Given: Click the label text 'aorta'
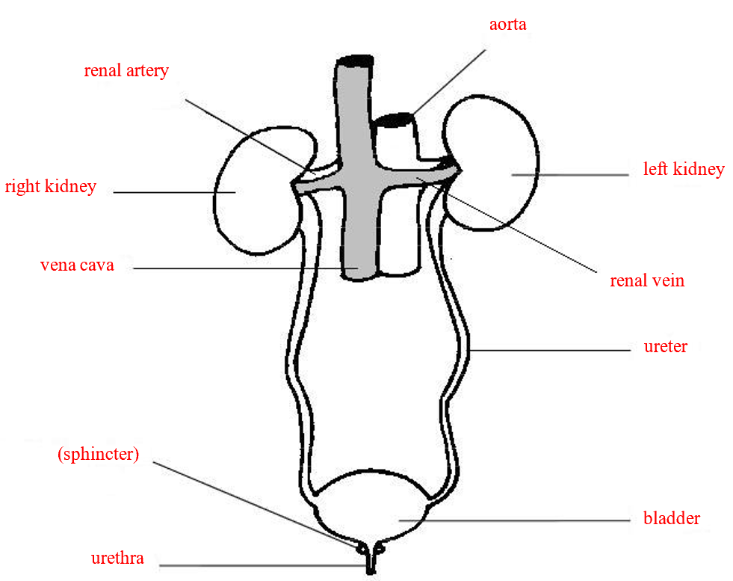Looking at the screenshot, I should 507,24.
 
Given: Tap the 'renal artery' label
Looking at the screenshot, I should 126,71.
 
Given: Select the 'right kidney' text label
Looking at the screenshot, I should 51,186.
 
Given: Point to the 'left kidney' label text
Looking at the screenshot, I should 684,169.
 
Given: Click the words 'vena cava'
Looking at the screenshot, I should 77,265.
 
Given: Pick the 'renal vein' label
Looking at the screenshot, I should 647,281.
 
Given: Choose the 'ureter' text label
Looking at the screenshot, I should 665,346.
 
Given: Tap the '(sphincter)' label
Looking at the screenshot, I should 98,454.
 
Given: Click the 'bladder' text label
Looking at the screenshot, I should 672,518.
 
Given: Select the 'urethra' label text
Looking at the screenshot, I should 117,558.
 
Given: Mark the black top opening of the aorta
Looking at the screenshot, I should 394,119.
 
